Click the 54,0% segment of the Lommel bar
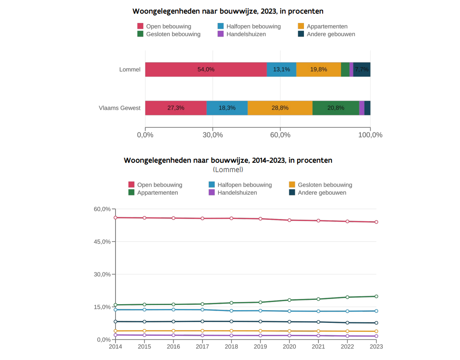pyautogui.click(x=206, y=69)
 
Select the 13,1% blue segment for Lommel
pyautogui.click(x=281, y=69)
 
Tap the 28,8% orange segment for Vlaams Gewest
pyautogui.click(x=280, y=108)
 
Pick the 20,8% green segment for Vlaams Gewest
pyautogui.click(x=336, y=108)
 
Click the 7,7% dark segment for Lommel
pyautogui.click(x=362, y=69)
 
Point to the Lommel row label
pyautogui.click(x=130, y=69)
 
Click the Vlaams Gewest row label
pyautogui.click(x=119, y=108)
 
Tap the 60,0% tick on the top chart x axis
pyautogui.click(x=280, y=135)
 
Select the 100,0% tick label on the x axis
pyautogui.click(x=370, y=135)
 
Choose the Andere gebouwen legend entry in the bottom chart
pyautogui.click(x=322, y=193)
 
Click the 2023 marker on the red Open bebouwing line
pyautogui.click(x=376, y=222)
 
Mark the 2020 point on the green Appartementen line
pyautogui.click(x=289, y=300)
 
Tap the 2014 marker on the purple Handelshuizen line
pyautogui.click(x=116, y=335)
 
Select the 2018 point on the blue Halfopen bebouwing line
pyautogui.click(x=231, y=311)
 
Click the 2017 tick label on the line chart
pyautogui.click(x=202, y=347)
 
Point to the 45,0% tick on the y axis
pyautogui.click(x=102, y=242)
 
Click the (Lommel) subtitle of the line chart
pyautogui.click(x=228, y=170)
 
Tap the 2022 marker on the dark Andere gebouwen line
pyautogui.click(x=347, y=323)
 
